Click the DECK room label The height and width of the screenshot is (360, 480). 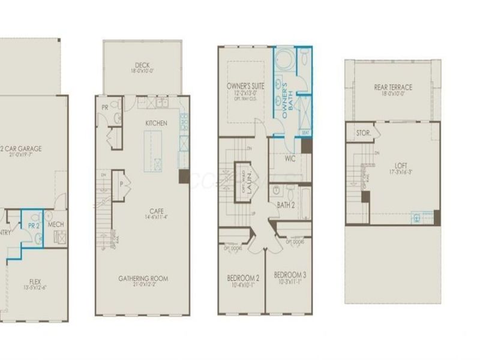tap(142, 65)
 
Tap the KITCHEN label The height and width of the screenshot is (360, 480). tap(156, 123)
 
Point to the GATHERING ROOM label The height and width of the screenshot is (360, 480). tap(143, 278)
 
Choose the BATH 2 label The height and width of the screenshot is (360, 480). tap(286, 206)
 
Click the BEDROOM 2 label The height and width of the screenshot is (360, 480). tap(242, 278)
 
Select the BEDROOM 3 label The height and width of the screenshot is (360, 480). tap(290, 275)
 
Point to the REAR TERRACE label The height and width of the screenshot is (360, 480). tap(393, 87)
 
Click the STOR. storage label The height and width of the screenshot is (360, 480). tap(363, 133)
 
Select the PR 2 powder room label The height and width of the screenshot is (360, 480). tap(33, 225)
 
